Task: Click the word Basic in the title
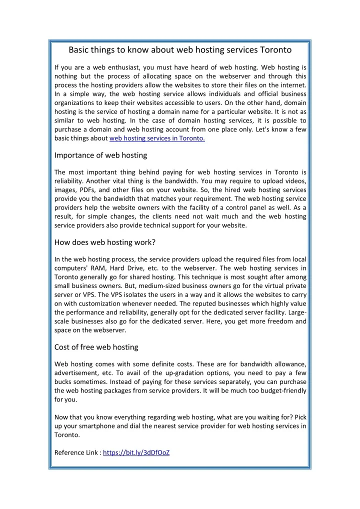coord(79,50)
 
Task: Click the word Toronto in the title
coord(275,50)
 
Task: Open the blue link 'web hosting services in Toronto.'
coord(157,139)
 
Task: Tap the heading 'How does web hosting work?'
coord(105,242)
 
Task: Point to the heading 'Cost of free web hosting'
coord(96,347)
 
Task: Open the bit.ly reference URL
coord(136,453)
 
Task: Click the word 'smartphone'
coord(101,425)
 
